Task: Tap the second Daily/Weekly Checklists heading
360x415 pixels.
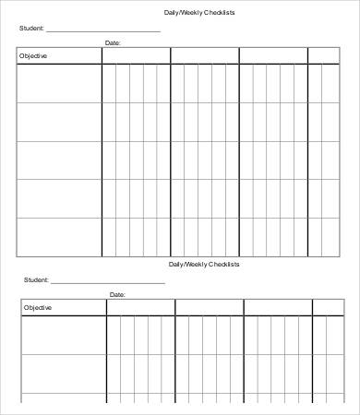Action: coord(204,264)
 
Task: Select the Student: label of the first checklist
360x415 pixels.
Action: coord(31,29)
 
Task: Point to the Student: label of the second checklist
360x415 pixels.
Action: coord(36,279)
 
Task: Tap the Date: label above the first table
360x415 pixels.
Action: coord(113,43)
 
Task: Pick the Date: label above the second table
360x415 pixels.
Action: coord(117,294)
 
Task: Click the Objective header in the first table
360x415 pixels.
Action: coord(32,56)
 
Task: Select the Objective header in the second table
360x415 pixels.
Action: coord(38,307)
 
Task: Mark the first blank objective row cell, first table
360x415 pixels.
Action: coord(59,83)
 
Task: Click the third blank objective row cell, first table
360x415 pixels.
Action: coord(59,160)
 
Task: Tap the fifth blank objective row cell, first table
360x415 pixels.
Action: coord(59,237)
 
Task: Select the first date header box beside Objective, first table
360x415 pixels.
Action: coord(136,56)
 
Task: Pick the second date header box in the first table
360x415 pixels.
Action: coord(205,56)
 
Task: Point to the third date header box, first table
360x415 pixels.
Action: coord(273,56)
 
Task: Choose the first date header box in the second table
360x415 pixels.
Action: coord(140,307)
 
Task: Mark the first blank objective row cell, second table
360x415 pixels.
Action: coord(64,335)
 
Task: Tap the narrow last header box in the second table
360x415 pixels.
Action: coord(326,307)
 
